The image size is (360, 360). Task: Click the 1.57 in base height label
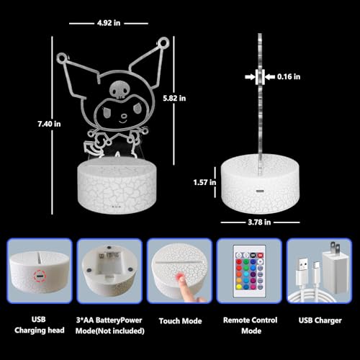point(204,183)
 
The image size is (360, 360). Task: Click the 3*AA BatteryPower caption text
point(111,320)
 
